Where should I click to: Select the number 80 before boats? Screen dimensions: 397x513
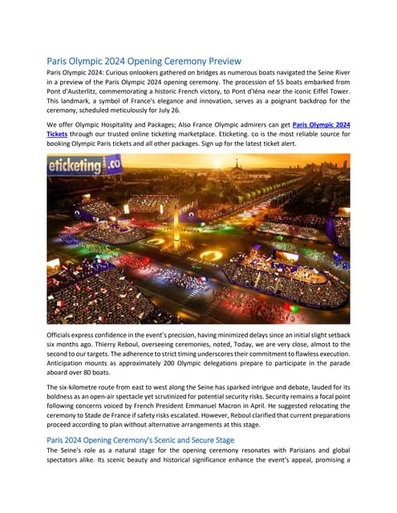point(95,373)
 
